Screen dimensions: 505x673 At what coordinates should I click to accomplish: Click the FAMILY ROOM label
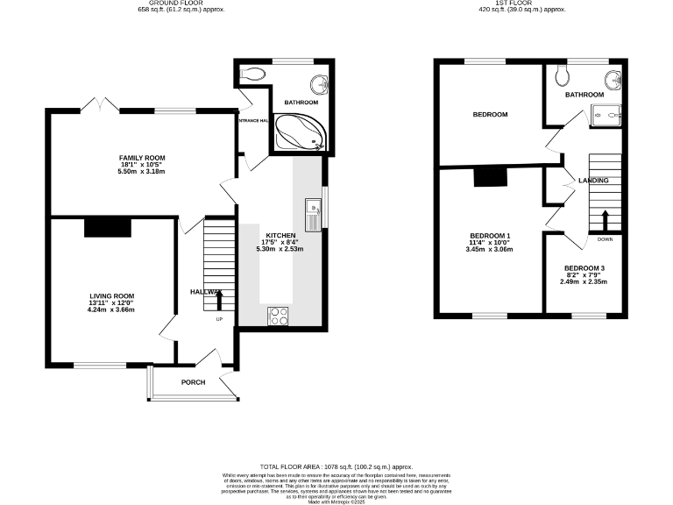(142, 158)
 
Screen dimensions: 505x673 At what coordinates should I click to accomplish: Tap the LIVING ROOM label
(110, 296)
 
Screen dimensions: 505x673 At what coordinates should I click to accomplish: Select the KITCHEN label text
(281, 236)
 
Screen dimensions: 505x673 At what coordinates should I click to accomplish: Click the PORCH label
(193, 383)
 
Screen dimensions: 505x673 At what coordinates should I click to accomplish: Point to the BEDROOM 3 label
(584, 268)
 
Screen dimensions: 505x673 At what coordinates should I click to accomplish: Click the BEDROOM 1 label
(491, 237)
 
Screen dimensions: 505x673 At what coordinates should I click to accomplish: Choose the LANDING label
(593, 181)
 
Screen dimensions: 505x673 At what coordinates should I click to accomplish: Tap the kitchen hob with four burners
(279, 316)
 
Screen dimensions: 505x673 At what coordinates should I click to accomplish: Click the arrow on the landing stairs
(605, 218)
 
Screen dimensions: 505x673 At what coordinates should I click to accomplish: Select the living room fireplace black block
(108, 227)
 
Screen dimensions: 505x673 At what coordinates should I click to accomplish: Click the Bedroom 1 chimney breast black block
(491, 177)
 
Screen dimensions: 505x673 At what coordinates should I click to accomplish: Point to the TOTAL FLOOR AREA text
(336, 466)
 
